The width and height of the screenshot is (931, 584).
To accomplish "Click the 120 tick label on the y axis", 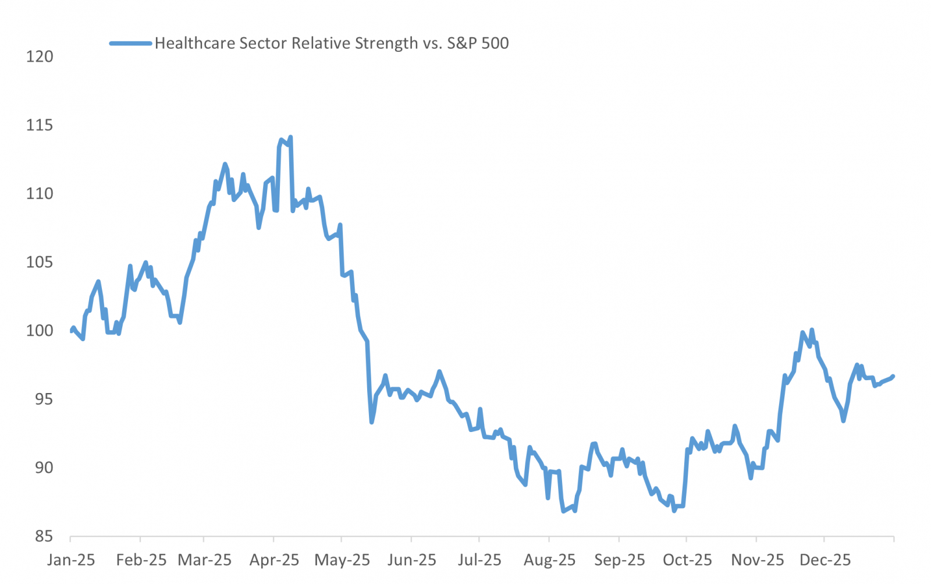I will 40,56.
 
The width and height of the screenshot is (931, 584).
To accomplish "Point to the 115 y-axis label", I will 40,125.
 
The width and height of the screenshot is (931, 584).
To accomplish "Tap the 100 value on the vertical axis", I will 40,331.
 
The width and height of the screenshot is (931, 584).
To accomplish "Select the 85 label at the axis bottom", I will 43,536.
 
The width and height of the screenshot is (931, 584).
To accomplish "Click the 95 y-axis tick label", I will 43,399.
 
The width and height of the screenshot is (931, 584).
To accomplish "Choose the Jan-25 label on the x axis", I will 71,560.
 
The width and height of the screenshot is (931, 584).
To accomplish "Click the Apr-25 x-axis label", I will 274,560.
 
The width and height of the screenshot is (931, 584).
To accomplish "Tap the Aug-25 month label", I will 549,560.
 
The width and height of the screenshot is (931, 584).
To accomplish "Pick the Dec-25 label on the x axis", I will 825,560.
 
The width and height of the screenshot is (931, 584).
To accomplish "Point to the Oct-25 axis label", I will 687,560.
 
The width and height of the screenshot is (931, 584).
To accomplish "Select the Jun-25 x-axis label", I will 411,560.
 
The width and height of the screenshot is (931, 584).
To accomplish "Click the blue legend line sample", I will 131,43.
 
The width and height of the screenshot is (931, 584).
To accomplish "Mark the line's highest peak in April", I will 290,137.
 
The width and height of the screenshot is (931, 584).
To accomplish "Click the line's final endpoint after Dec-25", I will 893,376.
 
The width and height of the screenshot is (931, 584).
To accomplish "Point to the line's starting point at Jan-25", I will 71,331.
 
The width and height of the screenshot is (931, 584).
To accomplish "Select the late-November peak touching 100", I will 812,330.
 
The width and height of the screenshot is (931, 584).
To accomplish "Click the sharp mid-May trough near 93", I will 372,422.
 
